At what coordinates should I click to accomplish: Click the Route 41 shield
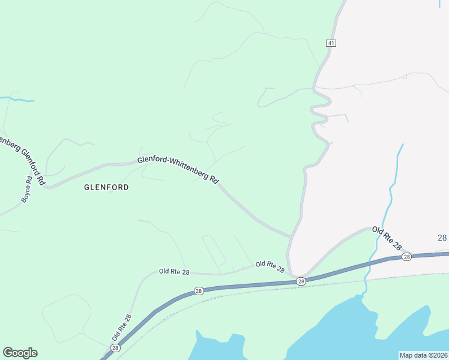[331, 43]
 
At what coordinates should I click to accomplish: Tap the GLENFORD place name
[106, 187]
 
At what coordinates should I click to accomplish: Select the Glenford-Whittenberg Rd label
[178, 169]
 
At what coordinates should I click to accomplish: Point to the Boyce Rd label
[27, 188]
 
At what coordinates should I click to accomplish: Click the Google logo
[20, 353]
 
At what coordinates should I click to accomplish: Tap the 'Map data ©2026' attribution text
[423, 355]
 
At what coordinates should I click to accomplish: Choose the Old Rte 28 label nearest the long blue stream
[386, 238]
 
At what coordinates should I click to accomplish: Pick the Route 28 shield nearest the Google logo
[115, 348]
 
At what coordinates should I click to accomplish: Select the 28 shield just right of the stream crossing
[406, 257]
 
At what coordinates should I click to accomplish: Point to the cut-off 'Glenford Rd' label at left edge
[24, 160]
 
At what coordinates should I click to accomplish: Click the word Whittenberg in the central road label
[193, 170]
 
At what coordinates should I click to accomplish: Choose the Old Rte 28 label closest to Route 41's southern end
[270, 266]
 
